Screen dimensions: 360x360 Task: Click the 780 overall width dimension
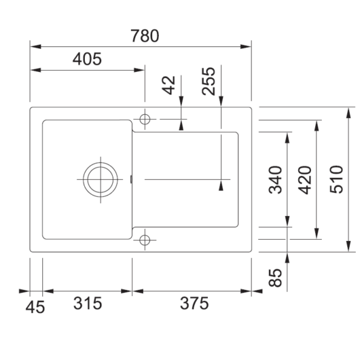[145, 36]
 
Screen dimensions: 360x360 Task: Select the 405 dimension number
[87, 59]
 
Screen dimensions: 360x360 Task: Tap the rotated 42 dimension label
[168, 85]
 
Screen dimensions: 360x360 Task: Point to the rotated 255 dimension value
[209, 82]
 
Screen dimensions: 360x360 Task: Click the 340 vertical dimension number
[275, 180]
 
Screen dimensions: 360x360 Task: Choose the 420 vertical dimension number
[305, 180]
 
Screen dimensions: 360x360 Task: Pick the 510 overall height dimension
[336, 179]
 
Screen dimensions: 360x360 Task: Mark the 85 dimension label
[275, 278]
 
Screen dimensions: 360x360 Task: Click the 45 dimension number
[35, 307]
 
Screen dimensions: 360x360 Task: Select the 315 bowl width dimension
[88, 303]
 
